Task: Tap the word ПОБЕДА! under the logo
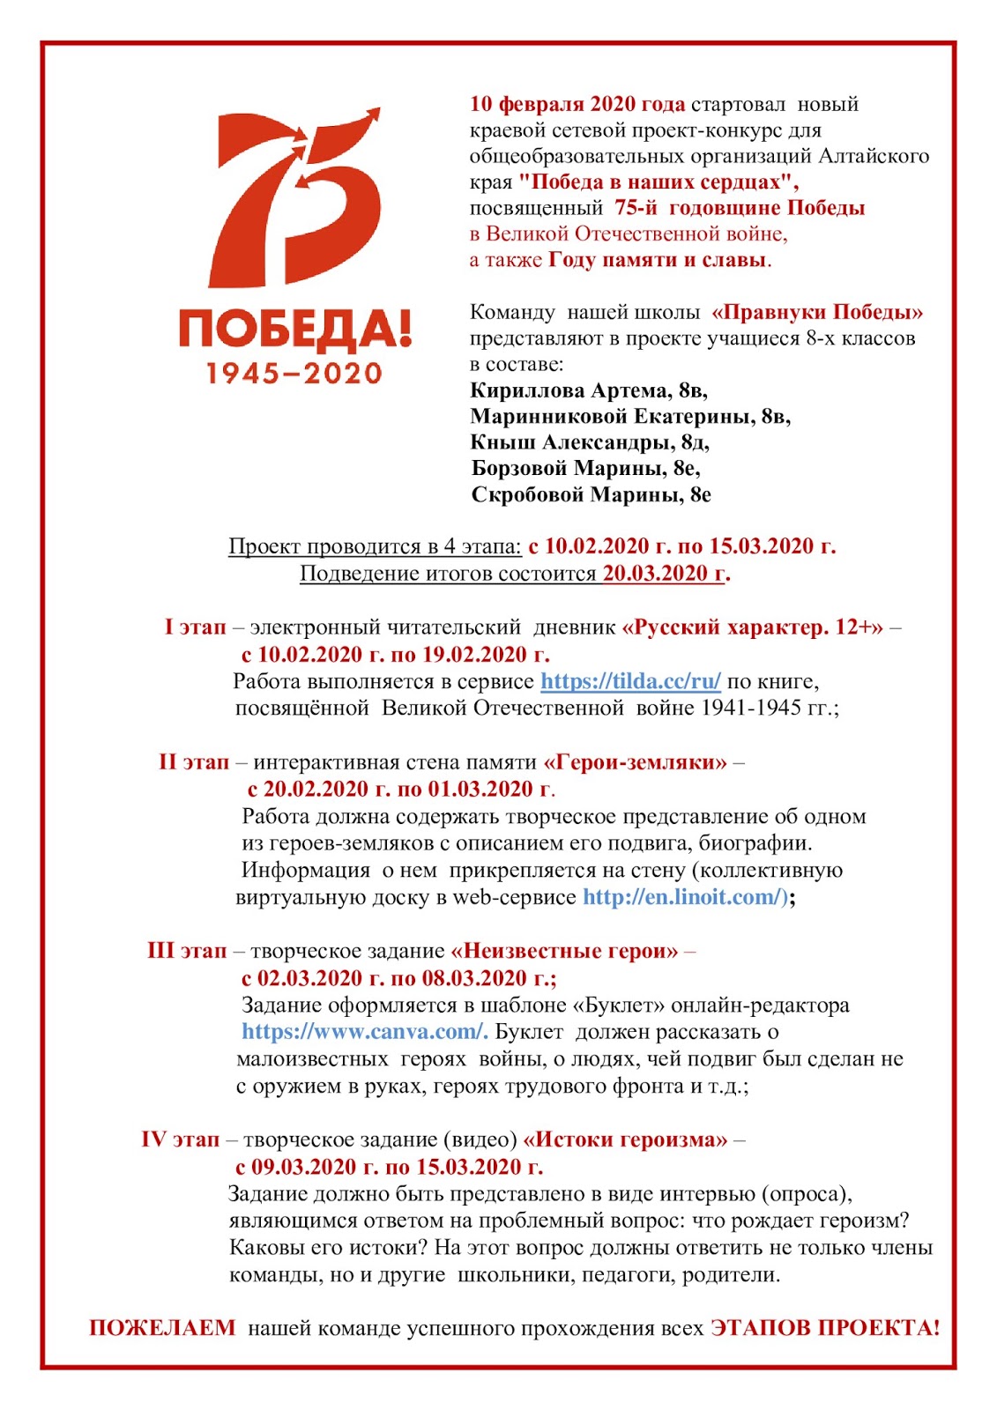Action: coord(294,328)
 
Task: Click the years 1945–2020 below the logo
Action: coord(294,373)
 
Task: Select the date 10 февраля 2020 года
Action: coord(577,104)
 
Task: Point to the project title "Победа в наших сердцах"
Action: coord(658,182)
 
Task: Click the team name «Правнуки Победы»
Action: coord(817,312)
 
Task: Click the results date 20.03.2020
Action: coord(664,574)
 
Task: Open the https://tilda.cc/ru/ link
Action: coord(630,681)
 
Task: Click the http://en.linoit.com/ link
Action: coord(684,897)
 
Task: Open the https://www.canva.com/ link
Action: coord(364,1032)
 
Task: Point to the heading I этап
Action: coord(195,627)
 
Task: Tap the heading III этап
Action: coord(187,951)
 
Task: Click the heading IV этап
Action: coord(180,1139)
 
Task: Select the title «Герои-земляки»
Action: coord(636,762)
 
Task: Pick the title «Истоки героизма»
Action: coord(625,1139)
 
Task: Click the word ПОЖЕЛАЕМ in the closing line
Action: coord(162,1328)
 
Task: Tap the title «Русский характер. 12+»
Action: coord(752,627)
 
